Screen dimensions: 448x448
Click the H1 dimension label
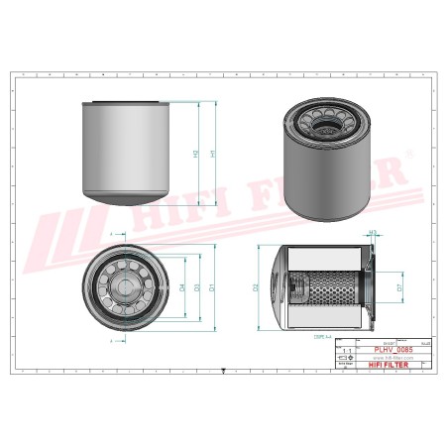point(211,153)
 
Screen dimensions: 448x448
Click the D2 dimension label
point(256,287)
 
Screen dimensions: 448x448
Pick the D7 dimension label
point(399,287)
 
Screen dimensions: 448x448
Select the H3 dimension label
point(373,235)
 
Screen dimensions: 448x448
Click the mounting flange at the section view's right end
point(368,287)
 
